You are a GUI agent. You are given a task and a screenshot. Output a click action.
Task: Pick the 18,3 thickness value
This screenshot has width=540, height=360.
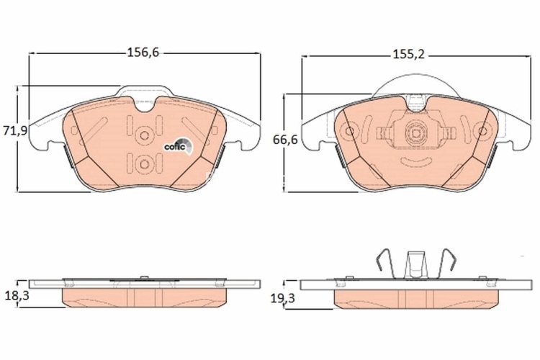pos(14,295)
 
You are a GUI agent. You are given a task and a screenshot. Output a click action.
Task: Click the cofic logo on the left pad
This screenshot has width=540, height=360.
pos(176,146)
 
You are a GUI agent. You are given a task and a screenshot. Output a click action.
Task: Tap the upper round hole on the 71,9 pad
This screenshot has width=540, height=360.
pos(144,134)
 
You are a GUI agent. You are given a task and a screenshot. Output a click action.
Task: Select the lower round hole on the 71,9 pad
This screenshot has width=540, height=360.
pos(144,164)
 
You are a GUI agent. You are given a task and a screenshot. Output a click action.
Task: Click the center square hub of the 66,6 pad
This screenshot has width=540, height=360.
pos(414,133)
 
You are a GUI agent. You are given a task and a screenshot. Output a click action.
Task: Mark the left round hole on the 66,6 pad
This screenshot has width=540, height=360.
pos(351,132)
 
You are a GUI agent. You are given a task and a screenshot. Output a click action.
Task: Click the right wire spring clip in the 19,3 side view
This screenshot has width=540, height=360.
pos(447,263)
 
